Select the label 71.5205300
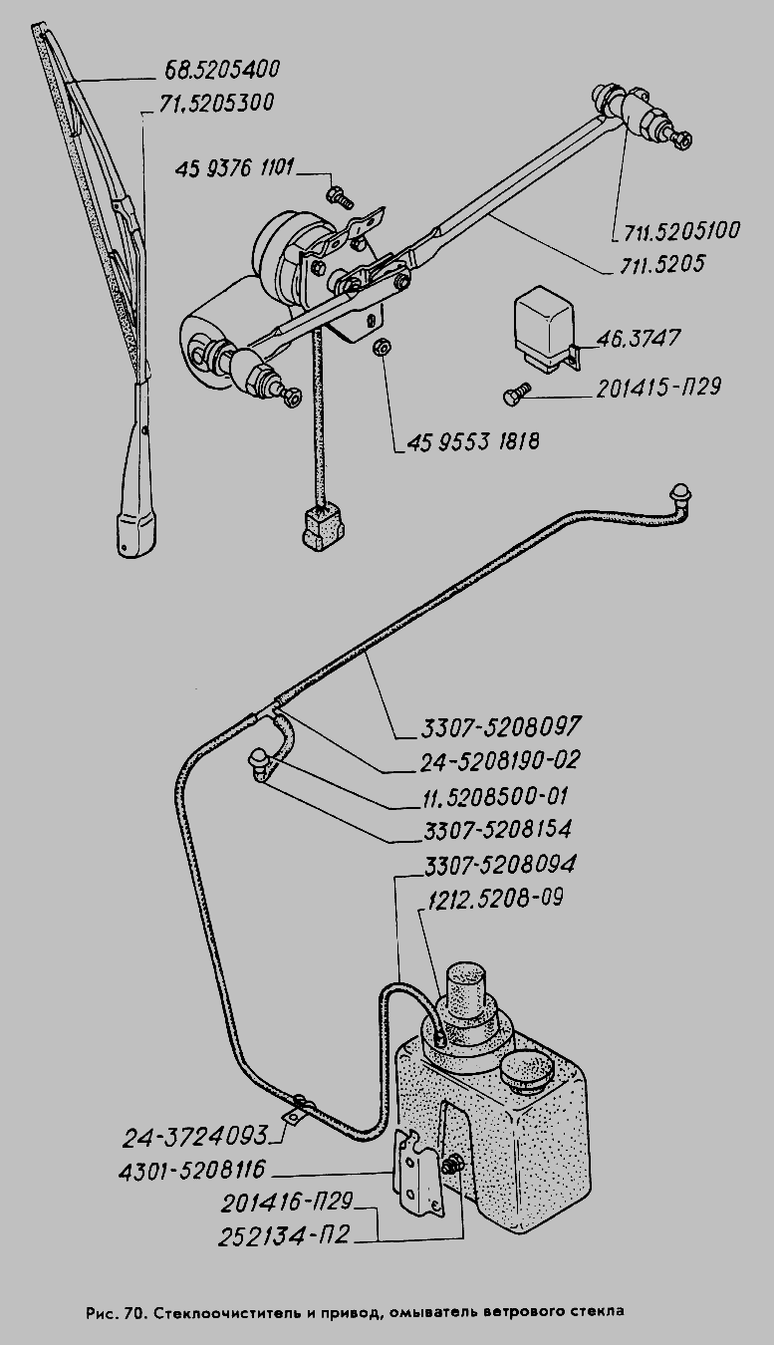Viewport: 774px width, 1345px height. [x=216, y=104]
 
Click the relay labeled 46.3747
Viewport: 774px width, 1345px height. [x=543, y=322]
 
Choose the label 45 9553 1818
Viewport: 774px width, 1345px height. [x=473, y=439]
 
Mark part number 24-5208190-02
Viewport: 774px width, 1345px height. [x=498, y=760]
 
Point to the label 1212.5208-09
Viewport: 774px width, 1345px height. [x=494, y=898]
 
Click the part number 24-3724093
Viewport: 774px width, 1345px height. [x=196, y=1136]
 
